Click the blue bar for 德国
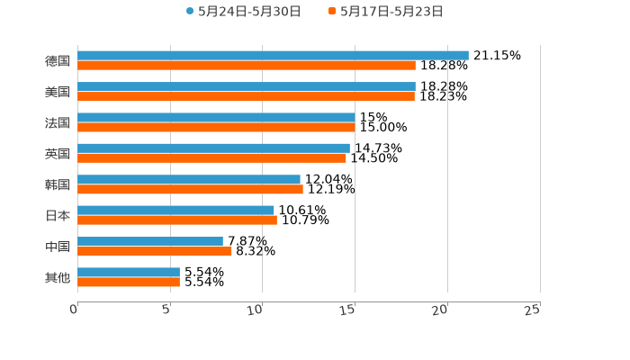click(x=273, y=56)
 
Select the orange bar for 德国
click(x=247, y=66)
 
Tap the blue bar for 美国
click(x=247, y=86)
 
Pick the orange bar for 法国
click(x=216, y=127)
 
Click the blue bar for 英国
click(x=213, y=148)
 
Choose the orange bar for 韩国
click(x=190, y=189)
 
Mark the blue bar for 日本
click(x=175, y=210)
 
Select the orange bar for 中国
click(x=155, y=251)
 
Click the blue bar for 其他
click(x=129, y=272)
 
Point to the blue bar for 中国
click(x=150, y=241)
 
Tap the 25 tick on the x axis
click(x=532, y=310)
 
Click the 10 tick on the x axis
click(x=255, y=310)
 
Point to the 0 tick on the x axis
click(x=74, y=310)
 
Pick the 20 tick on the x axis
click(x=439, y=310)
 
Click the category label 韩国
click(x=58, y=184)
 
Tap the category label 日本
click(x=58, y=215)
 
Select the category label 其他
click(x=58, y=277)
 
